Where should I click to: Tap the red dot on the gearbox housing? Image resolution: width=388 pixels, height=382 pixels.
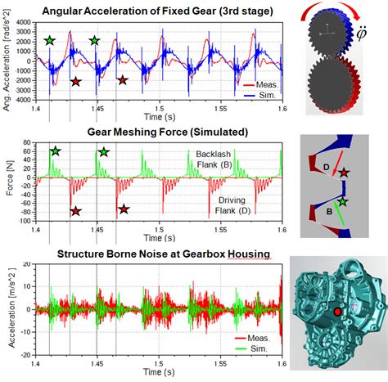tap(336, 312)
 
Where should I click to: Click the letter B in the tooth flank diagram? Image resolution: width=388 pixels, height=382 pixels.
tap(331, 210)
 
